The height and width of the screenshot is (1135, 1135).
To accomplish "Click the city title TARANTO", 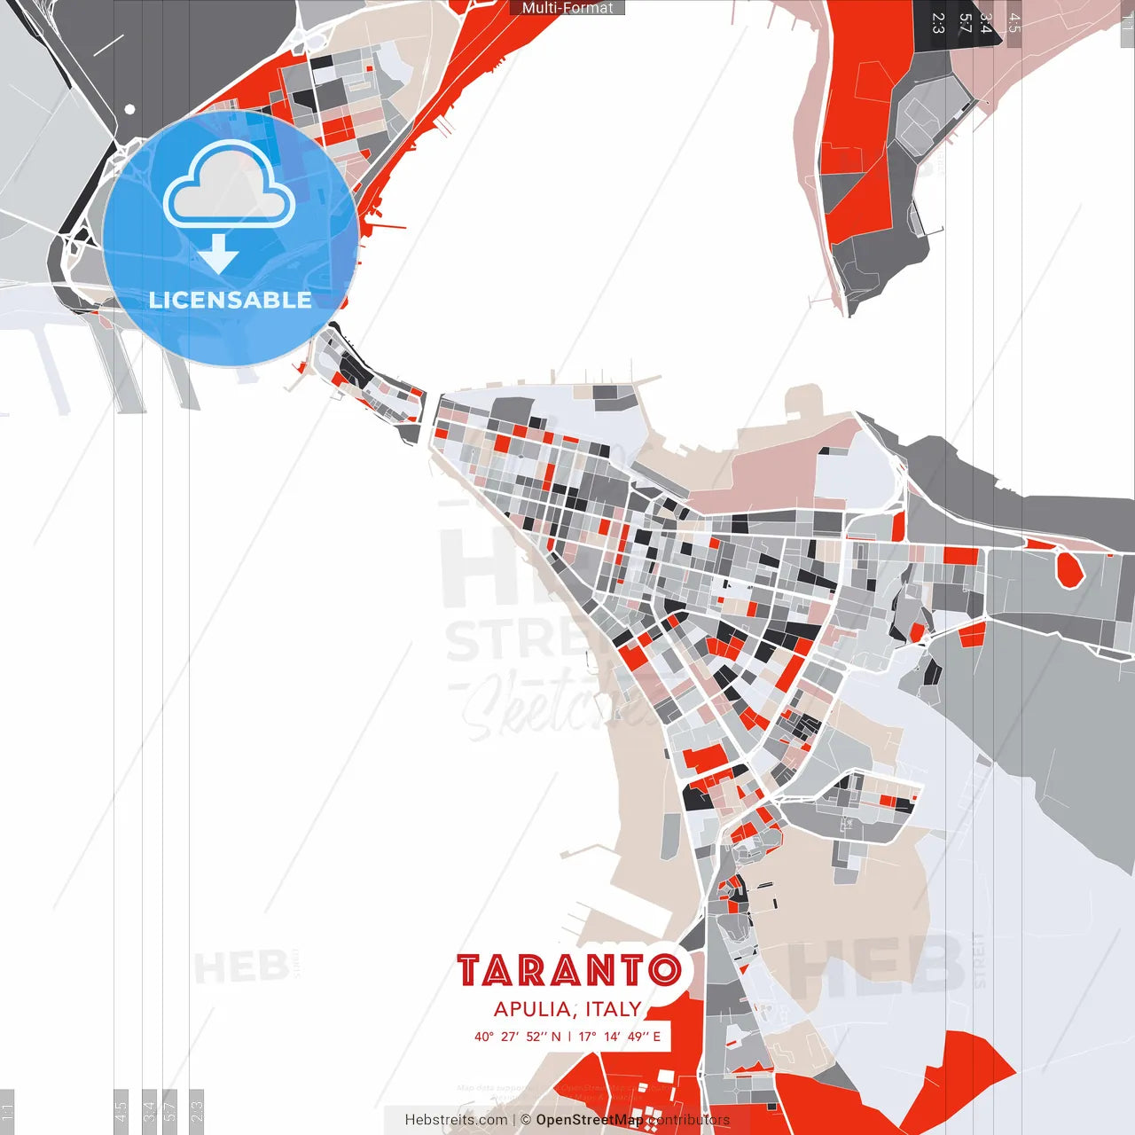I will [x=569, y=971].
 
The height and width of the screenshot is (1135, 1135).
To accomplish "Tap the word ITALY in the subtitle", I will [x=613, y=1009].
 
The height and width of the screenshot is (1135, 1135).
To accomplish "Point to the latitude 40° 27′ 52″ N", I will [x=518, y=1037].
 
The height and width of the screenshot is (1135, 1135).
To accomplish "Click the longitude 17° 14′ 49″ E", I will [x=620, y=1037].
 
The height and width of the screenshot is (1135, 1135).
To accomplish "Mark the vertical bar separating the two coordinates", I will [x=569, y=1037].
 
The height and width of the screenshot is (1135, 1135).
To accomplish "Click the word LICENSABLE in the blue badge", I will [x=231, y=301].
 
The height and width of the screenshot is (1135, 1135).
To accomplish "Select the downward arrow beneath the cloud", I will [x=218, y=254].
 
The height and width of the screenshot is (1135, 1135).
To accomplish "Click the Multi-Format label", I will [x=567, y=8].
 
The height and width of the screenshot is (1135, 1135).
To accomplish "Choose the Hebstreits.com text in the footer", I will [x=456, y=1120].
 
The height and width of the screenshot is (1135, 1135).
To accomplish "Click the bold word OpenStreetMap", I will [x=590, y=1120].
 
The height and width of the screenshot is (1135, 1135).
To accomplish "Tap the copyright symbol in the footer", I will [x=526, y=1120].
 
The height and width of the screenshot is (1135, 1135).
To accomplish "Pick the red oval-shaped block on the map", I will [x=1069, y=568].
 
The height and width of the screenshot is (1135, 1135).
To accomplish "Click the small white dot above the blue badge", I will [x=129, y=109].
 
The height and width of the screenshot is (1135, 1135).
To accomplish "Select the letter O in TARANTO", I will [x=664, y=971].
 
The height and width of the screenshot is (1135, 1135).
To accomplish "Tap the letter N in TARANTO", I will [x=600, y=971].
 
